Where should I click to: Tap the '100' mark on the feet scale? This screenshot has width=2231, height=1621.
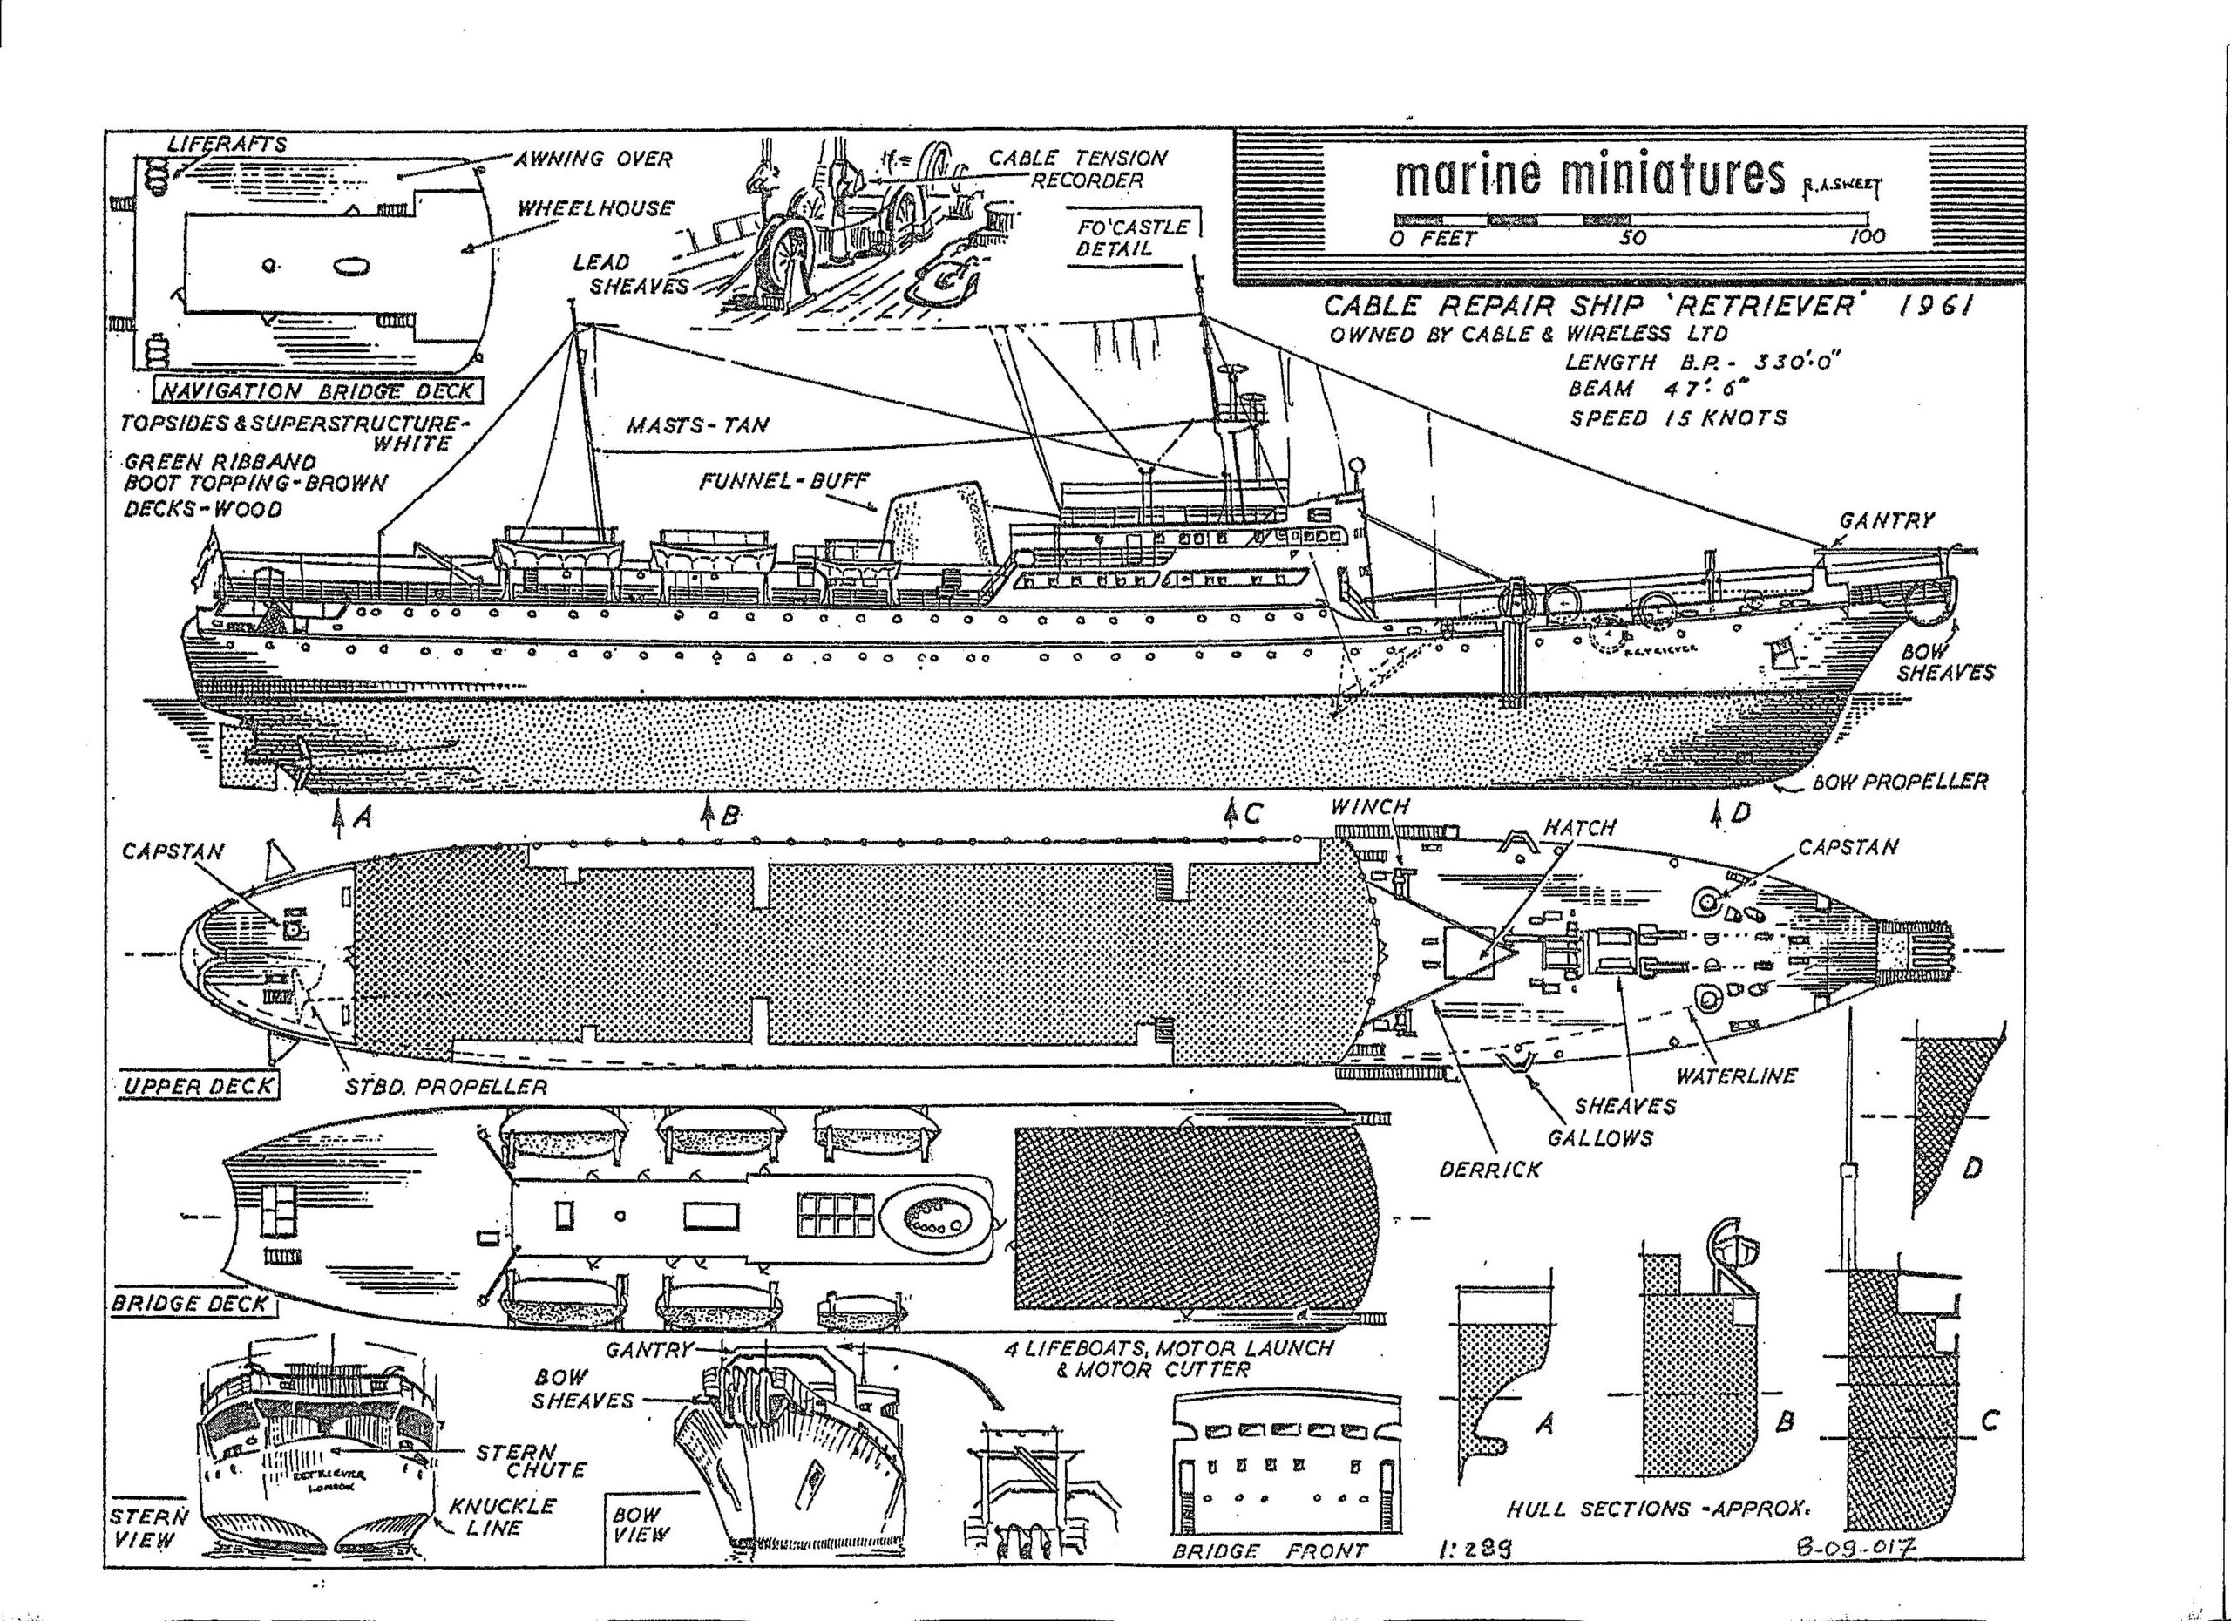point(1866,237)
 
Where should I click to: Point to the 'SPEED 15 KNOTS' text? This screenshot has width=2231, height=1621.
point(1678,418)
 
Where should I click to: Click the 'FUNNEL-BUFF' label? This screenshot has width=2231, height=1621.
point(784,482)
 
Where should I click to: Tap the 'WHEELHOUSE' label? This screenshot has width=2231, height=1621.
point(595,208)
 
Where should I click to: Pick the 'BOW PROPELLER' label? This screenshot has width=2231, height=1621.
point(1900,782)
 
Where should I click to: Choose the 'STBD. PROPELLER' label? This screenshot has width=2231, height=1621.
point(444,1086)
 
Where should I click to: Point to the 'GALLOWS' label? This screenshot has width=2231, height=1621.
point(1599,1138)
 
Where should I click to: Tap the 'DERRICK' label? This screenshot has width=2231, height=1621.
point(1489,1170)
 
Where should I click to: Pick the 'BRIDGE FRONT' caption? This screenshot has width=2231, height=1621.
point(1269,1551)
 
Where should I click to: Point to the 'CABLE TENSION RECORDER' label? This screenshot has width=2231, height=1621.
point(1078,168)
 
